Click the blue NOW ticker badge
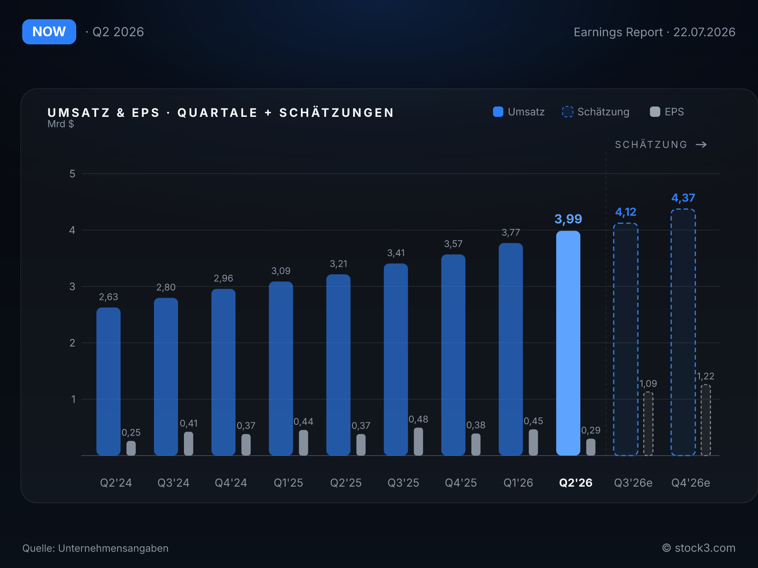49,32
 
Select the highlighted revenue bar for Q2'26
568,343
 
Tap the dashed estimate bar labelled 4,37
683,332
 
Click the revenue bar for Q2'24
108,382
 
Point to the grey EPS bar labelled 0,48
418,442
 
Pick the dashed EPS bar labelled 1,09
648,424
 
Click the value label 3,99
568,219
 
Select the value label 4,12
625,212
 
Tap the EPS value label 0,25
131,433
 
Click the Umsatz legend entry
519,112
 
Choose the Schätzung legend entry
596,112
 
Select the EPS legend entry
667,112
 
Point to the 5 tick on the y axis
72,174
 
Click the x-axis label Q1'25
289,483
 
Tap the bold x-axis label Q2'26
576,483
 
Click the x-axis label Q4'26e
691,483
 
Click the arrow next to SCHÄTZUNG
701,144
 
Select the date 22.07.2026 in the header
704,32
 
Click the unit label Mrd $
61,124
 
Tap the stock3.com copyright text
699,548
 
